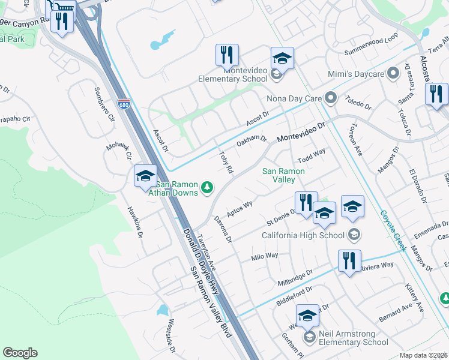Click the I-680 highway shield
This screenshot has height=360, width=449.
[124, 104]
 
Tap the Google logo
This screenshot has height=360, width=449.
[20, 353]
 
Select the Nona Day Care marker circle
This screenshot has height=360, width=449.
[330, 97]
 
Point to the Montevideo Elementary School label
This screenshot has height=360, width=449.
[237, 74]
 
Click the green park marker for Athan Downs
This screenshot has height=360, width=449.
[207, 188]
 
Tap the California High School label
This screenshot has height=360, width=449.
[303, 235]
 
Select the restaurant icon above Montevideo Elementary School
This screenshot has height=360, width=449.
[227, 55]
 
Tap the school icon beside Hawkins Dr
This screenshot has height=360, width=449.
[145, 176]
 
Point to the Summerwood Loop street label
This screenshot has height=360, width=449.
[371, 45]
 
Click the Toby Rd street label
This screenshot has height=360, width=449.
[226, 162]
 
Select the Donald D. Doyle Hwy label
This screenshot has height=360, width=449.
[196, 252]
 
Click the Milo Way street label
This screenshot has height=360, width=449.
[265, 256]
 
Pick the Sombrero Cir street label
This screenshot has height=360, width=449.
[103, 105]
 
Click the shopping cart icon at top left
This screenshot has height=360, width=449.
[62, 5]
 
